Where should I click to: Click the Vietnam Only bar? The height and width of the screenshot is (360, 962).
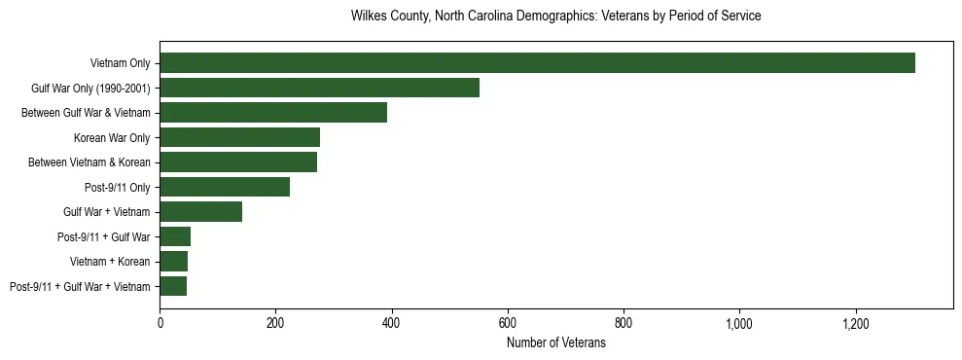coord(537,63)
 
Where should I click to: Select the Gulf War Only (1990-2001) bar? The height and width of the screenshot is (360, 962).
coord(319,88)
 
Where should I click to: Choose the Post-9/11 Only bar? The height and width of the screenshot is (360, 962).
coord(225,187)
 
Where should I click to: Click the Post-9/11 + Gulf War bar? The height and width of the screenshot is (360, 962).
coord(175,236)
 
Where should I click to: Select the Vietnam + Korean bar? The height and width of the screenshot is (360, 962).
coord(173,262)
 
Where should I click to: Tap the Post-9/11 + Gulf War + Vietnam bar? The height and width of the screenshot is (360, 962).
coord(173,286)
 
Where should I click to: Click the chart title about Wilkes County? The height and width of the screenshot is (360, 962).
coord(555,17)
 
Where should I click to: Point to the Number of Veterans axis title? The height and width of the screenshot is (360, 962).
coord(555,343)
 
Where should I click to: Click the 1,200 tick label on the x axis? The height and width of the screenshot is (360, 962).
coord(856,323)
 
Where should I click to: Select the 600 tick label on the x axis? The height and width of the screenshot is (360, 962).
coord(508,323)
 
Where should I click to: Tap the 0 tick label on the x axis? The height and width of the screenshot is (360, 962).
coord(160,323)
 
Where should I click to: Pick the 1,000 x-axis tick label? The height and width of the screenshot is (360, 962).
coord(739,323)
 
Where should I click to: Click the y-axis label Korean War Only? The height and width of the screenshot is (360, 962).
coord(112,138)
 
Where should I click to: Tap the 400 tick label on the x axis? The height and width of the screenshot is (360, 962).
coord(392,323)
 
